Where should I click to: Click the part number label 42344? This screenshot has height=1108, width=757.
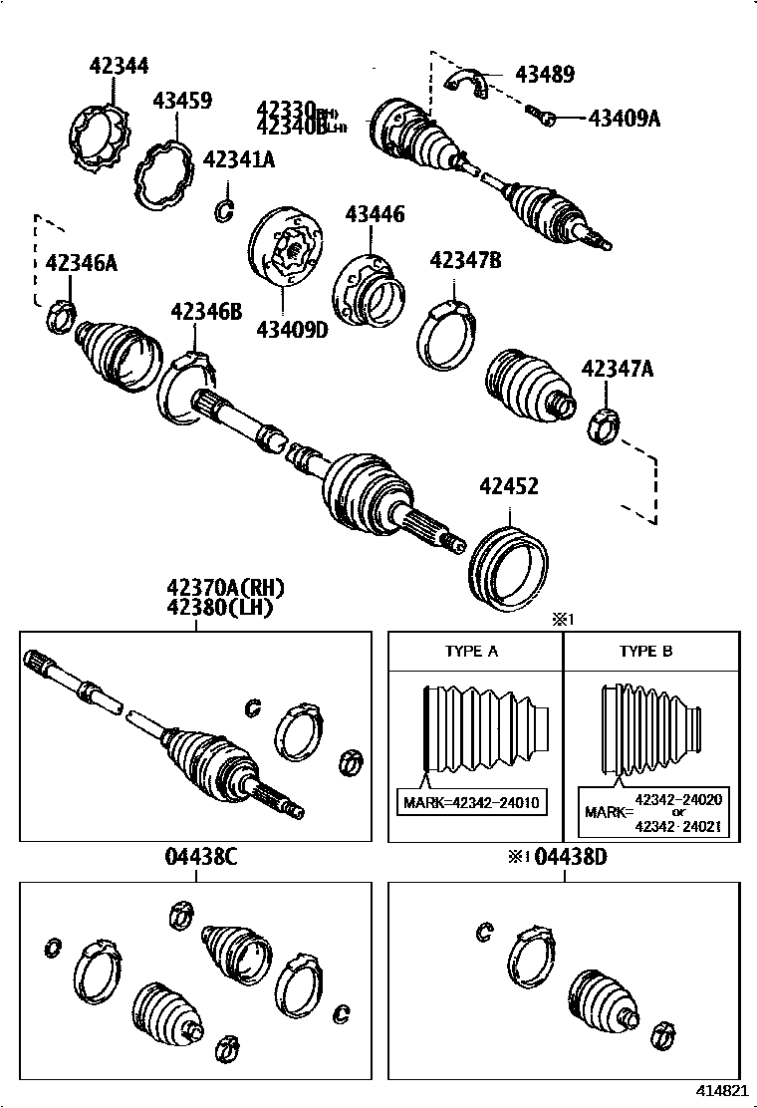pyautogui.click(x=119, y=66)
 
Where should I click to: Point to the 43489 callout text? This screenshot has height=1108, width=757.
pyautogui.click(x=544, y=74)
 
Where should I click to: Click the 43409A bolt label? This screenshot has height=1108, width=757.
pyautogui.click(x=625, y=118)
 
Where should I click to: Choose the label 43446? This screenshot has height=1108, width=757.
pyautogui.click(x=375, y=214)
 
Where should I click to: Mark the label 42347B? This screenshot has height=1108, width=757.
pyautogui.click(x=464, y=261)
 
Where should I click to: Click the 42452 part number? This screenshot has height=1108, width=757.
pyautogui.click(x=509, y=486)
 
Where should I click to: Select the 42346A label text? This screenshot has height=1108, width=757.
pyautogui.click(x=82, y=263)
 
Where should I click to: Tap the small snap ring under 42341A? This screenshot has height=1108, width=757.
pyautogui.click(x=225, y=209)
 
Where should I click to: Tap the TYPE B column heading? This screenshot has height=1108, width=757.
pyautogui.click(x=645, y=652)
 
